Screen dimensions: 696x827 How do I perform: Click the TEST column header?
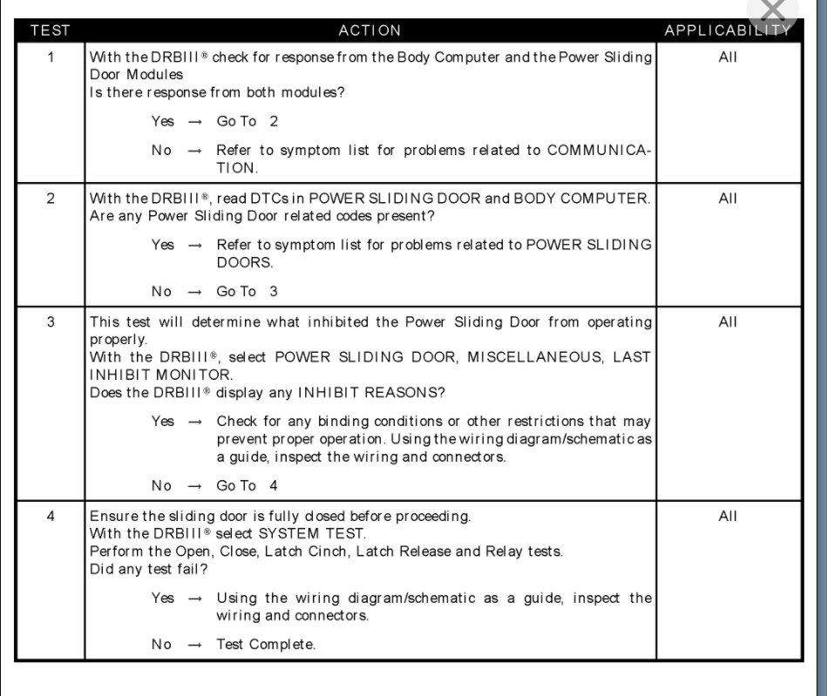point(50,30)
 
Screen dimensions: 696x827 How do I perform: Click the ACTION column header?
point(369,30)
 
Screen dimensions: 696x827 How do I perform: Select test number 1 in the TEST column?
point(51,57)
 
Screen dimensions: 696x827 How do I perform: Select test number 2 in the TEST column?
point(51,199)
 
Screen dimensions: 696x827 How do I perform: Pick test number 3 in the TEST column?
point(51,322)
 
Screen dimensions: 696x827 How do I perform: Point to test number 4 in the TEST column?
point(51,517)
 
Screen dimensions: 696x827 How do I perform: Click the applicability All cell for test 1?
point(728,57)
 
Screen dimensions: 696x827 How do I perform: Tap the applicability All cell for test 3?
point(728,322)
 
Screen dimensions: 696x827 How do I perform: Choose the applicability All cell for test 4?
point(728,517)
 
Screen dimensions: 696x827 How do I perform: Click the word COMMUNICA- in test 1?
point(599,151)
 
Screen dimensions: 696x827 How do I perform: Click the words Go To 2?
point(247,122)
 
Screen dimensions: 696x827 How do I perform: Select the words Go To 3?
point(247,292)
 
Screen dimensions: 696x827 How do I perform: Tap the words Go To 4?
point(247,486)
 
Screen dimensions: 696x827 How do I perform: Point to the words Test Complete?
point(267,645)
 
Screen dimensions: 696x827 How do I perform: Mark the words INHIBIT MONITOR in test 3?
point(148,375)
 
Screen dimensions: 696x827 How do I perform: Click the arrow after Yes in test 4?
point(195,598)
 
